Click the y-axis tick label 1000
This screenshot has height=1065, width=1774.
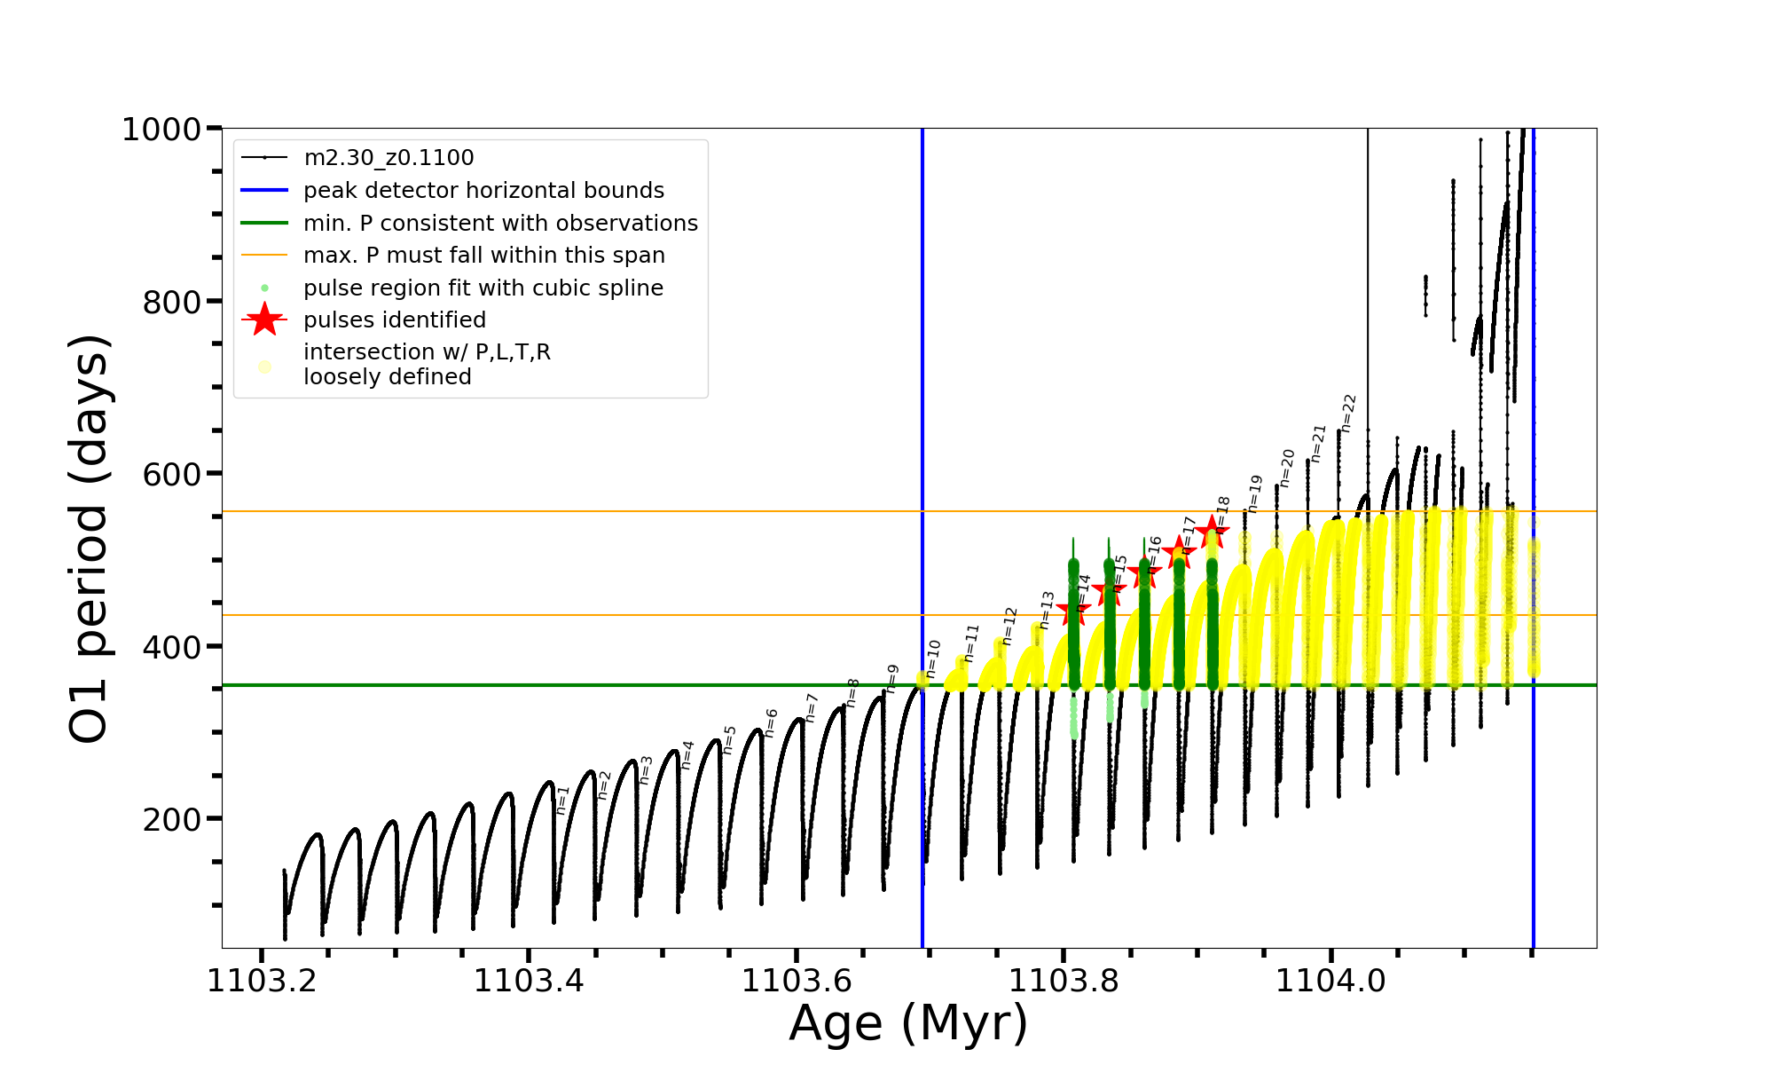click(161, 130)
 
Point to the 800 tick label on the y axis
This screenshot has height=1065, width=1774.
click(172, 303)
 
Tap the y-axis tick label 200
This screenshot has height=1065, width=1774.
click(172, 820)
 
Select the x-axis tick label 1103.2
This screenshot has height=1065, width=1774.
click(261, 982)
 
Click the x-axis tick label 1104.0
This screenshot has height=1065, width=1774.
click(1330, 982)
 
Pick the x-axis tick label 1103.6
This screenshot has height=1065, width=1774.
click(796, 982)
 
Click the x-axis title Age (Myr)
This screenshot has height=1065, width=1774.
click(908, 1023)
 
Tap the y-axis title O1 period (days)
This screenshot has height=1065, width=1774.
click(89, 538)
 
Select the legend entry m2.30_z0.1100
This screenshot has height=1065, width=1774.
click(389, 158)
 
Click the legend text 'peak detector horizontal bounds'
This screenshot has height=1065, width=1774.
click(483, 191)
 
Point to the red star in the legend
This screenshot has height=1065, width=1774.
click(264, 320)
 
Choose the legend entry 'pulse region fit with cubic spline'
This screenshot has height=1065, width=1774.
click(483, 288)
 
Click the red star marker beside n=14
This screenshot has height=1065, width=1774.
click(1073, 610)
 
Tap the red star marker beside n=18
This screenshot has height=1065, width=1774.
click(1212, 532)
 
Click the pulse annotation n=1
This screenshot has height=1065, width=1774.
click(562, 800)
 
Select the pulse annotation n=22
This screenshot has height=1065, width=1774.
click(1348, 414)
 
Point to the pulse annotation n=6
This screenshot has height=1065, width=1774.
click(771, 722)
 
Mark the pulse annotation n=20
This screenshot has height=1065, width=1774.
click(1287, 468)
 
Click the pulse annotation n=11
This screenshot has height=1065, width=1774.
click(971, 643)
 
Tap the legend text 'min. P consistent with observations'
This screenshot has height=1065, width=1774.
click(500, 224)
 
